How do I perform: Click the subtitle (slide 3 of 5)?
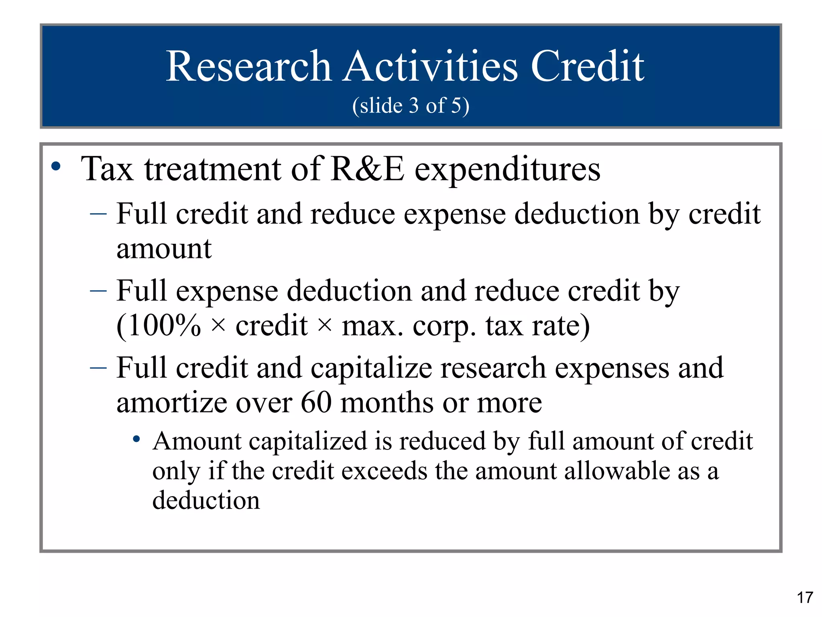coord(411,106)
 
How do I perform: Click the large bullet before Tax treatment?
coord(56,166)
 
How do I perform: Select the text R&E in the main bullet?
coord(368,169)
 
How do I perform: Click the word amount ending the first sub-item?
coord(164,249)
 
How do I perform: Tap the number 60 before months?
coord(316,402)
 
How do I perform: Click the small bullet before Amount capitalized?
coord(136,439)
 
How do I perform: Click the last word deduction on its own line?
coord(206,501)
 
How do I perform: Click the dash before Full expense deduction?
coord(98,290)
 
